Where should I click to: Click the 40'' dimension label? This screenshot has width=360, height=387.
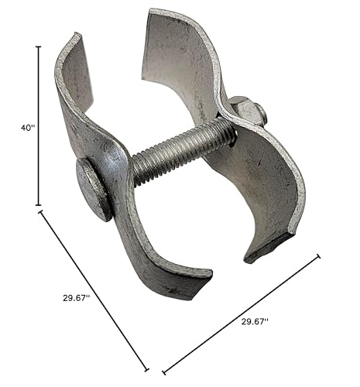point(28,128)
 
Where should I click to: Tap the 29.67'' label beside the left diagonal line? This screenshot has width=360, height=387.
point(77,298)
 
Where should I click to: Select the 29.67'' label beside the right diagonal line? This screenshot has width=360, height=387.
point(255,321)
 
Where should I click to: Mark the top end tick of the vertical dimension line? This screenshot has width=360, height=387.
point(39,46)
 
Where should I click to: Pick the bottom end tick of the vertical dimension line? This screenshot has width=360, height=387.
point(39,205)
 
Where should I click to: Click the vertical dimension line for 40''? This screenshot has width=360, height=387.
point(39,126)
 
